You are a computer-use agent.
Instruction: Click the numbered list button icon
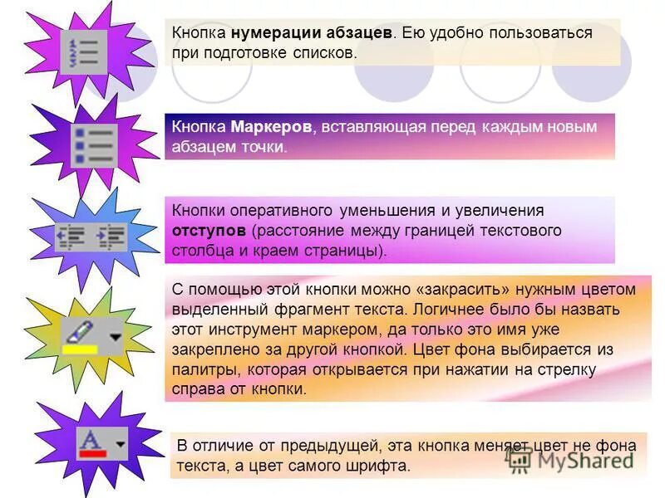[x=83, y=52]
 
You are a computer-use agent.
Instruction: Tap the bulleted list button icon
[x=93, y=146]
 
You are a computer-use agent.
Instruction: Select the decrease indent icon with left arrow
[x=71, y=237]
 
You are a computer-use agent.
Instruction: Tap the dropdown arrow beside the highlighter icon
[x=115, y=336]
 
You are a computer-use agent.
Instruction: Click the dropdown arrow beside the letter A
[x=121, y=444]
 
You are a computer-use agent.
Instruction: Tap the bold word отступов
[x=209, y=230]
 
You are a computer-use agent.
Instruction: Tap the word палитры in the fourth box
[x=198, y=369]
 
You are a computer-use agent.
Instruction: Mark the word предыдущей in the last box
[x=329, y=445]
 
